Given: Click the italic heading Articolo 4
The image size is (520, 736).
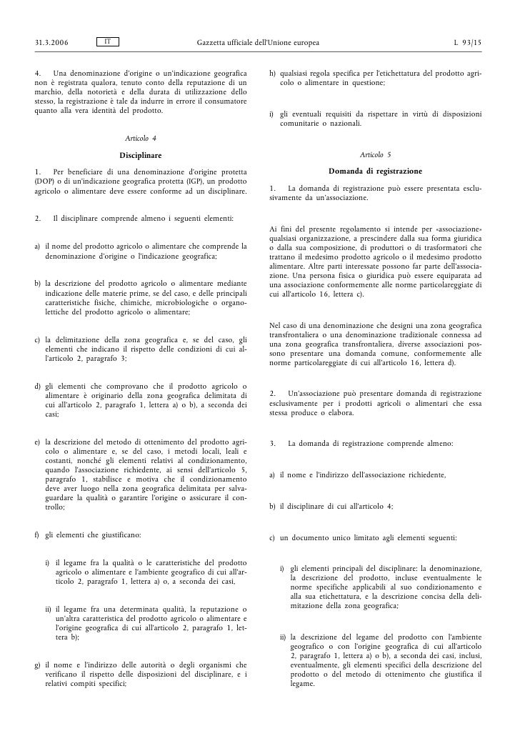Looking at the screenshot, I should coord(141,137).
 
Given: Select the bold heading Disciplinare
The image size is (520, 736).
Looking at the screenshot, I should coord(141,154).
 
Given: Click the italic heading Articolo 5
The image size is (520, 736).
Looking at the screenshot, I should coord(376,154).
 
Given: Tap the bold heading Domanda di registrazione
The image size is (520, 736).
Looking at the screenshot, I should coord(376,171).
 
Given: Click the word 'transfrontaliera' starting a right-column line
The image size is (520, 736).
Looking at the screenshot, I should coord(296,335).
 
